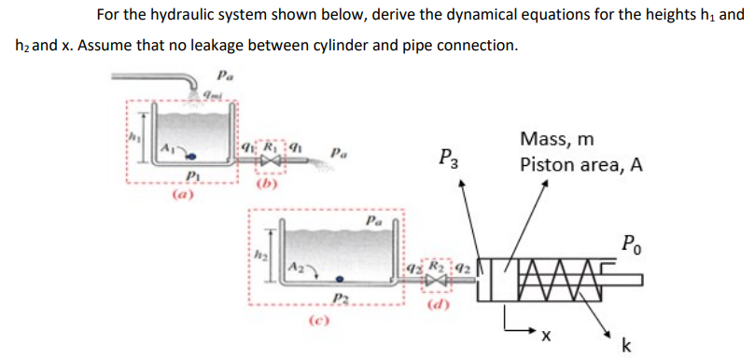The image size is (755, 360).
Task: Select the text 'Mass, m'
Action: point(558,140)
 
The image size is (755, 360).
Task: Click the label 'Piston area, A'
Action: point(582,165)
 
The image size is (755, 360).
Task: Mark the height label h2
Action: point(259,248)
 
